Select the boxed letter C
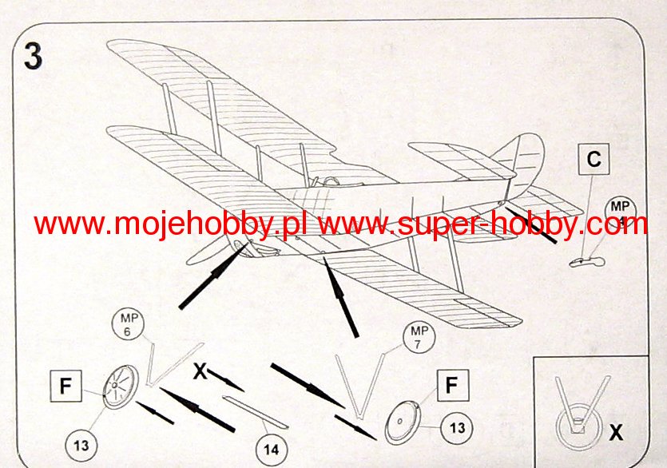[x=594, y=160]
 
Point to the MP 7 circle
[x=419, y=337]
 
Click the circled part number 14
[x=272, y=450]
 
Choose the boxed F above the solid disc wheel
[x=451, y=387]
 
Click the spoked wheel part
[x=119, y=388]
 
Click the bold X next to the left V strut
[x=200, y=371]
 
